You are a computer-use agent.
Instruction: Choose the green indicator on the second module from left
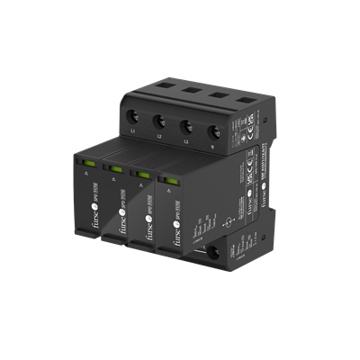(x=117, y=166)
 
